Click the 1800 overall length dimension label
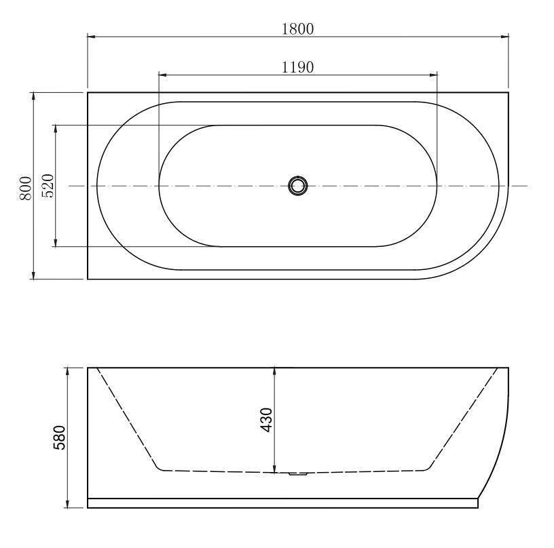tap(297, 29)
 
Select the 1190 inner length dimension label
tap(297, 67)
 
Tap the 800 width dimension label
tap(26, 188)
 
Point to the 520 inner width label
tap(48, 186)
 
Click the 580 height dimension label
tap(59, 437)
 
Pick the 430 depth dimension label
tap(266, 420)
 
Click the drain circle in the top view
tap(298, 186)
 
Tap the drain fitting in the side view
tap(298, 474)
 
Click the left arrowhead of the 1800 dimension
tap(92, 36)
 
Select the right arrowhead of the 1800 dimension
tap(504, 36)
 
